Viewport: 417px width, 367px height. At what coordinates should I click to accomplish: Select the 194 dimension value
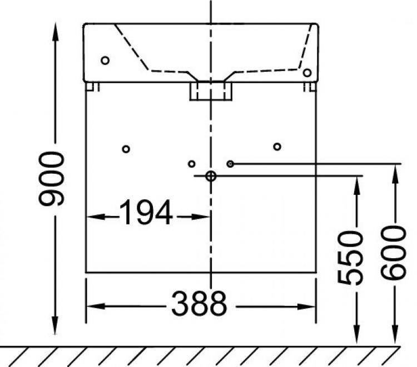146,214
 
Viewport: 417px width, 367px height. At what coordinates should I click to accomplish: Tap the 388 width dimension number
198,304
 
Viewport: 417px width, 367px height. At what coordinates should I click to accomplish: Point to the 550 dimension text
351,258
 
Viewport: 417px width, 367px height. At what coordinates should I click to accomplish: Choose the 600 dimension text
394,253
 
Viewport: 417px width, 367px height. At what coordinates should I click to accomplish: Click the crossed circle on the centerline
211,176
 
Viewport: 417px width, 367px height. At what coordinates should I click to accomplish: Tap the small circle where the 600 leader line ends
230,164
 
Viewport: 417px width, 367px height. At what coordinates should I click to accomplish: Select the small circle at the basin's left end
105,61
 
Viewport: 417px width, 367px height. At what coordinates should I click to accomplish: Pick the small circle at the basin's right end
306,72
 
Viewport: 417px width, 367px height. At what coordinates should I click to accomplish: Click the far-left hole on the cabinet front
126,149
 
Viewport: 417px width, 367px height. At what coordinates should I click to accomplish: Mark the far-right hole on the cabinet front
277,147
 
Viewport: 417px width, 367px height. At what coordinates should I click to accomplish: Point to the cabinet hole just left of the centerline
191,164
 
